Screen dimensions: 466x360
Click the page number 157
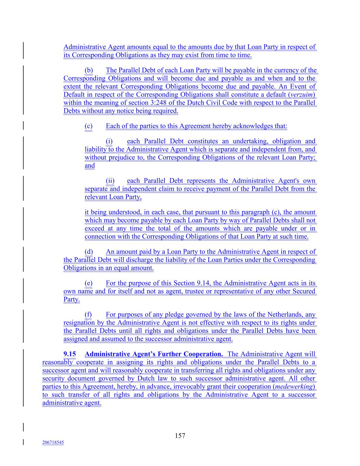point(180,435)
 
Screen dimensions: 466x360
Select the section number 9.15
point(70,354)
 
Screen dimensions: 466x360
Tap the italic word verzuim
point(302,95)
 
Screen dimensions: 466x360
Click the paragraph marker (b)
point(89,70)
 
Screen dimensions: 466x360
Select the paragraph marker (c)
point(88,126)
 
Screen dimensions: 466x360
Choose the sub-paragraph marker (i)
point(109,141)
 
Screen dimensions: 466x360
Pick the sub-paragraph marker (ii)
point(110,181)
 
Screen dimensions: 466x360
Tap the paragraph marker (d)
point(89,252)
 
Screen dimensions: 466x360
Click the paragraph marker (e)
point(88,283)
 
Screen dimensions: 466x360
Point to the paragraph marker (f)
point(88,315)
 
